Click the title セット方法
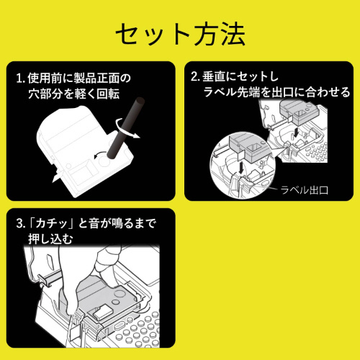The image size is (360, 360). pyautogui.click(x=180, y=33)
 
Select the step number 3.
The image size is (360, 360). pyautogui.click(x=18, y=224)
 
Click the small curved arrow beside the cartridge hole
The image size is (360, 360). pyautogui.click(x=98, y=154)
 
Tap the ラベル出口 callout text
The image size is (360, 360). pyautogui.click(x=305, y=191)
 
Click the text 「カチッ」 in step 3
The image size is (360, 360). pyautogui.click(x=51, y=224)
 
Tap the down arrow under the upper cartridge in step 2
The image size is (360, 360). pyautogui.click(x=297, y=135)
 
